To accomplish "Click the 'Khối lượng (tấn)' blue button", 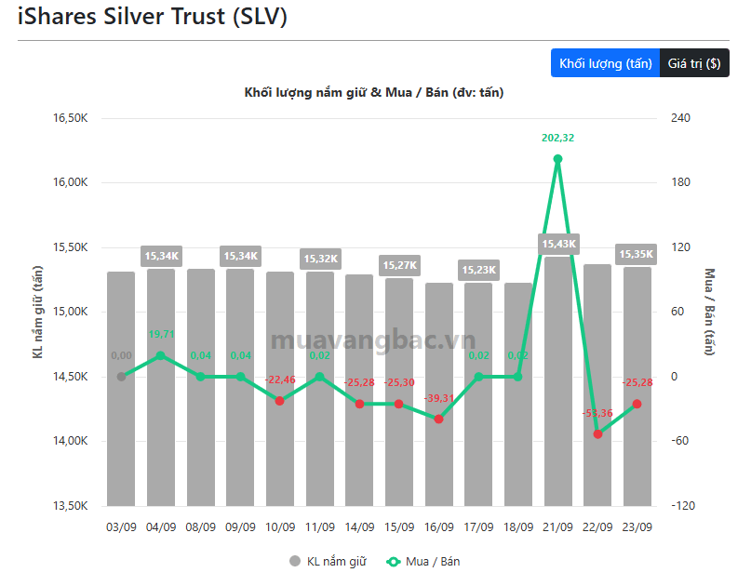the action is (x=606, y=63).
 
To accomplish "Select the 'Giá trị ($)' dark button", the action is (x=694, y=63).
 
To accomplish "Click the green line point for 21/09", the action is (x=557, y=159).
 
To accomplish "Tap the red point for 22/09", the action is (x=597, y=434).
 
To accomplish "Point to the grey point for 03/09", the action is (x=121, y=377).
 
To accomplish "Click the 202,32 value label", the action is (x=558, y=138).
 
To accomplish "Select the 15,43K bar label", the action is (x=559, y=244).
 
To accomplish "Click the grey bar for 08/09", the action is (x=201, y=387).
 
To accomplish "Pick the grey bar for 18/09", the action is (x=518, y=394).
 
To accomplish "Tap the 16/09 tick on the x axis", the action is (x=438, y=527).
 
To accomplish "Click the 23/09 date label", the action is (x=637, y=527).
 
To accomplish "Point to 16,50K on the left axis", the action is (x=71, y=118).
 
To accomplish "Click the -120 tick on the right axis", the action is (x=683, y=506).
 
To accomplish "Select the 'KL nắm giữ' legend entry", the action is (x=329, y=561).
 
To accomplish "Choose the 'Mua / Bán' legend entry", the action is (x=422, y=561).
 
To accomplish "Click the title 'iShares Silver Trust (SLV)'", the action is (x=153, y=17).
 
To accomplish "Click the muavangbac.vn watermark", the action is (x=373, y=340).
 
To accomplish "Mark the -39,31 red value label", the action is (x=438, y=398).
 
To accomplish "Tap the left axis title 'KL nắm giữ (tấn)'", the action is (x=37, y=312).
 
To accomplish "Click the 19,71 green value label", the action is (x=161, y=334).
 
